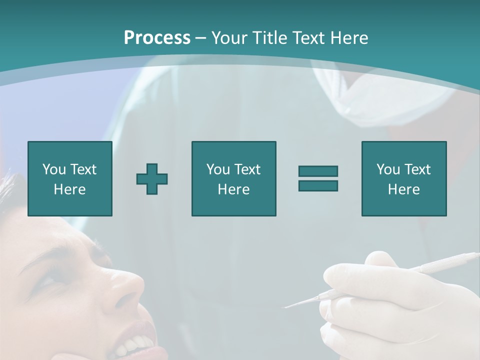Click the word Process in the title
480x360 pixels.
pos(157,37)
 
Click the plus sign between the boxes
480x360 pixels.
pos(152,179)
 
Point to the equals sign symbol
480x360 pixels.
pos(318,178)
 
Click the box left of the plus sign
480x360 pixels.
pos(70,178)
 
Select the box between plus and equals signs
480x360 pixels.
pos(233,178)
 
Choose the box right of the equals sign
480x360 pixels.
pos(403,178)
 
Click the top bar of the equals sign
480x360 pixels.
pos(318,171)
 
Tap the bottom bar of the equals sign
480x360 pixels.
pos(318,185)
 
